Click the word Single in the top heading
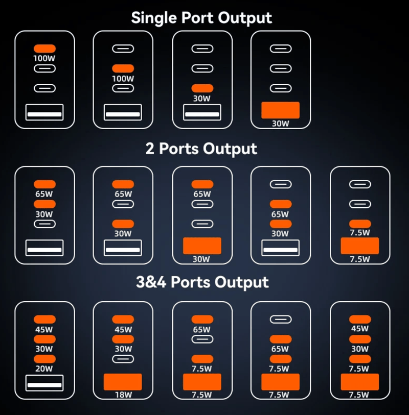(x=154, y=18)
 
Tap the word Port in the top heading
(x=197, y=18)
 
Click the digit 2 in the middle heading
(x=150, y=149)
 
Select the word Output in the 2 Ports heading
(x=230, y=149)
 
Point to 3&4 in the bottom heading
(x=151, y=282)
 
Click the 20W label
(x=44, y=369)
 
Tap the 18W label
(x=123, y=395)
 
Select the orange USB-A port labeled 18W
(x=123, y=382)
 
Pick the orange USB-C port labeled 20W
(x=44, y=359)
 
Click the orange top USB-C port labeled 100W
(x=44, y=48)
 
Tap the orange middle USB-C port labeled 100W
(x=123, y=68)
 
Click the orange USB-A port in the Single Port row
(x=281, y=110)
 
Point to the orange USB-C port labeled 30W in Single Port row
(x=202, y=88)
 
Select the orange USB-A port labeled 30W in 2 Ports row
(x=202, y=246)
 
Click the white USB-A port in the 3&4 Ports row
(x=44, y=383)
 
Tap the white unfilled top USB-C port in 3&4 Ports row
(x=281, y=320)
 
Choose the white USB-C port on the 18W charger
(x=123, y=359)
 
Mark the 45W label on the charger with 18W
(x=123, y=330)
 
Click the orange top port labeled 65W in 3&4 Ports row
(x=202, y=320)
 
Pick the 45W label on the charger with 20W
(x=44, y=330)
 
